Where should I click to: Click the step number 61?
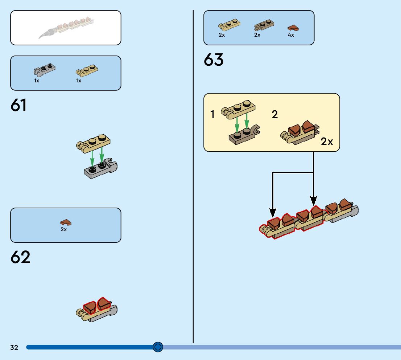point(19,105)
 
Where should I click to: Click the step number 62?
point(20,257)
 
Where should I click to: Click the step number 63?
point(214,60)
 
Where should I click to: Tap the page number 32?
point(14,348)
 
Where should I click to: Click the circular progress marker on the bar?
point(158,347)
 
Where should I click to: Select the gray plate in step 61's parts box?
point(45,70)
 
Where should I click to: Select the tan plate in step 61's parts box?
point(87,70)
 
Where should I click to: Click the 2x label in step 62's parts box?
point(64,229)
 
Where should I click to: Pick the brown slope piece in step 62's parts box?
point(66,222)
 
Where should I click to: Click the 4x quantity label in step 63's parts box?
point(291,35)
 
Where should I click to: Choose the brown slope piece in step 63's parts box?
point(293,28)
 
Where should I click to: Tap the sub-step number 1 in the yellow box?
point(213,115)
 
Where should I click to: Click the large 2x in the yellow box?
point(327,142)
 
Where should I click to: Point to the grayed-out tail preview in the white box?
point(65,28)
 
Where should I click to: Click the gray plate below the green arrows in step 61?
point(100,169)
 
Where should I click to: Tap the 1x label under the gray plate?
point(37,81)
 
